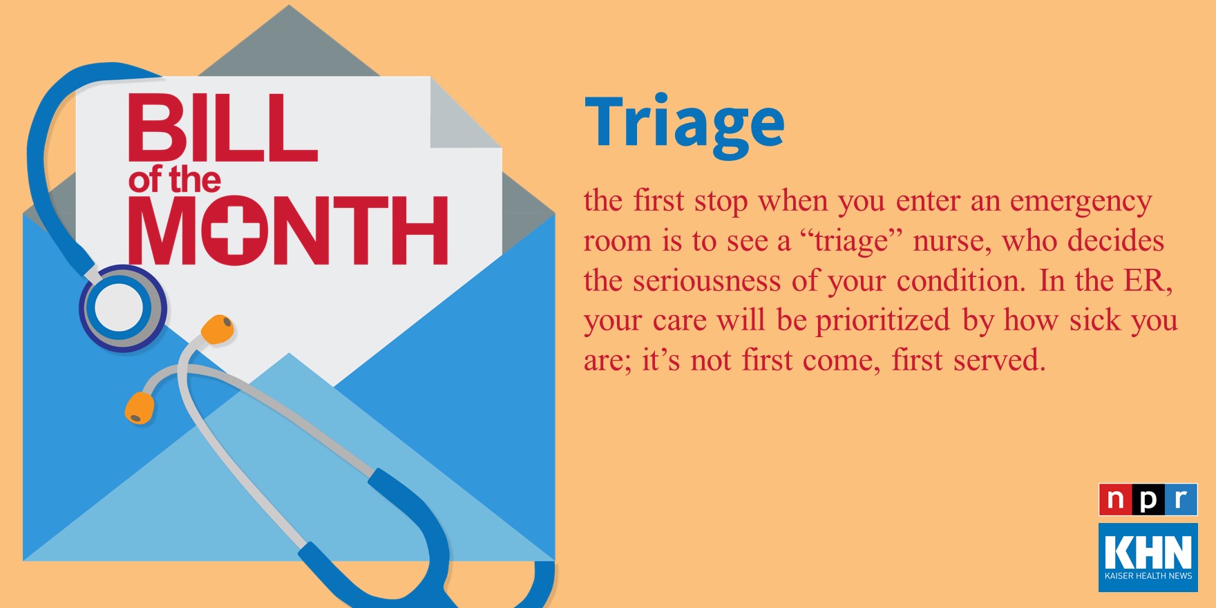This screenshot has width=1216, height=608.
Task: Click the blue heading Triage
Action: (685, 125)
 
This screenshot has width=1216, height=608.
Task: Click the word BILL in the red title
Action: (222, 128)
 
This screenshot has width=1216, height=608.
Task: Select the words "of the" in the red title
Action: (174, 180)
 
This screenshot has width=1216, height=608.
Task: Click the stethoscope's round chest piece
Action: (122, 308)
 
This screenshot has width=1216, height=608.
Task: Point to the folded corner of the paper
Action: (465, 112)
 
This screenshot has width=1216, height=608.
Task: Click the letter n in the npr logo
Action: (1115, 500)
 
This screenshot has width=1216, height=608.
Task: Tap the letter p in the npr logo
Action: (1148, 500)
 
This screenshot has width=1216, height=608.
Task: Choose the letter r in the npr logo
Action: (1181, 500)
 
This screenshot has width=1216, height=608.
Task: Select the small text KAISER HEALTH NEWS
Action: (1148, 576)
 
